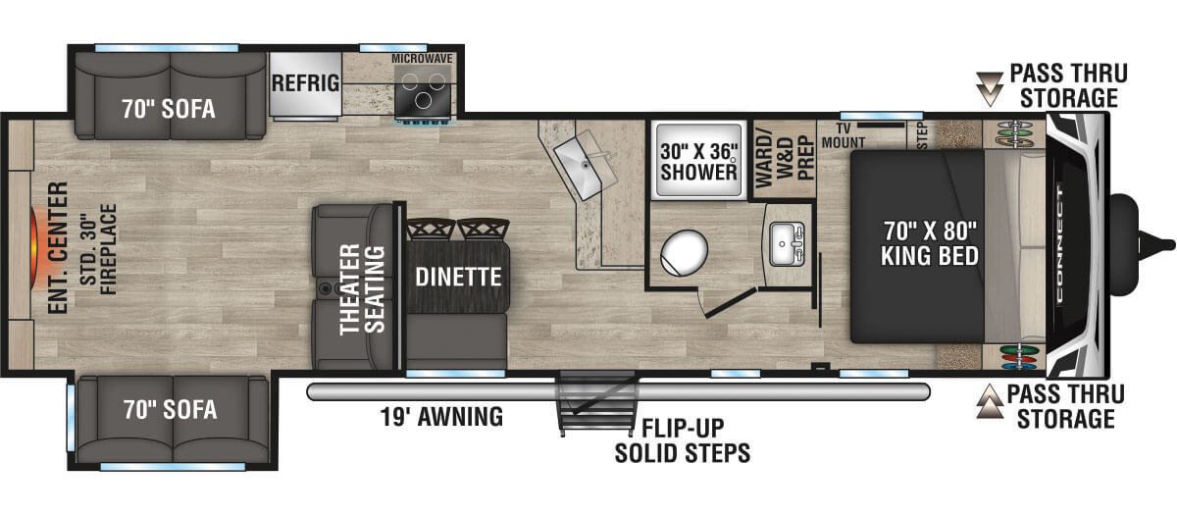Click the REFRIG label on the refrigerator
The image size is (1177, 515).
(x=305, y=83)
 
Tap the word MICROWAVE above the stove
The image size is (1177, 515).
(x=422, y=58)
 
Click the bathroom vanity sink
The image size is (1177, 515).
(x=787, y=243)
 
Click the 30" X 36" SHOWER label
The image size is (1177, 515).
(x=698, y=162)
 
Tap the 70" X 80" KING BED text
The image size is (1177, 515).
(x=930, y=243)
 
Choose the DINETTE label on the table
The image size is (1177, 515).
(x=458, y=277)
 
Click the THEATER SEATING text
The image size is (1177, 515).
(x=362, y=289)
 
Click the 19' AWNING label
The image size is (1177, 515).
(x=441, y=417)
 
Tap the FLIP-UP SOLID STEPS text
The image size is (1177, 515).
(x=683, y=440)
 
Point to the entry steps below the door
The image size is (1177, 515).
(x=596, y=403)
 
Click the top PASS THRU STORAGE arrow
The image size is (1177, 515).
(x=989, y=89)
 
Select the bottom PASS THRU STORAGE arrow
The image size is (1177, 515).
(x=990, y=401)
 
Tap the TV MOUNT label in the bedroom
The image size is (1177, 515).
(x=844, y=135)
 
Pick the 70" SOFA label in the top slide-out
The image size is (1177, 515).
(x=169, y=109)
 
